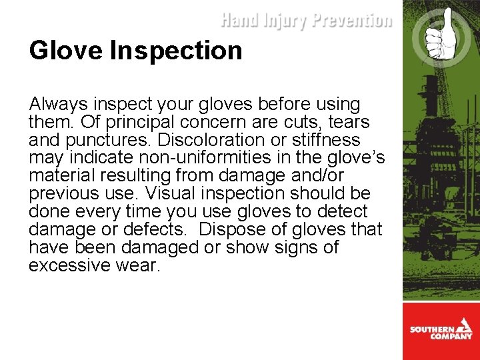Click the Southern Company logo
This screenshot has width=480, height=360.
click(441, 331)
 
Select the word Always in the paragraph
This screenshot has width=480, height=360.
click(58, 105)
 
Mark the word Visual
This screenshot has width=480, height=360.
click(167, 194)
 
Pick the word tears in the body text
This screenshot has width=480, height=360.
click(347, 123)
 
